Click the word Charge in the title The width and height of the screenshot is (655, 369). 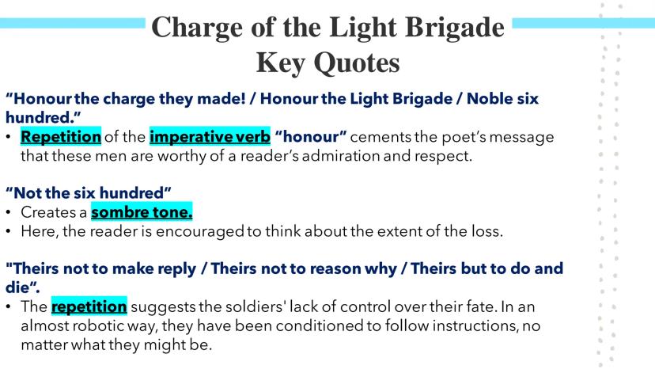pyautogui.click(x=197, y=29)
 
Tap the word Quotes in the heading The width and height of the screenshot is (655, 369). pyautogui.click(x=357, y=63)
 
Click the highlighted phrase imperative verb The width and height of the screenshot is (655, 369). pyautogui.click(x=210, y=136)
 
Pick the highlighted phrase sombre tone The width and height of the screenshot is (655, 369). pyautogui.click(x=142, y=212)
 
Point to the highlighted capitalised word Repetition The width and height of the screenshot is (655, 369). pyautogui.click(x=61, y=136)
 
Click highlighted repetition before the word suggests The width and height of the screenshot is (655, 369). pyautogui.click(x=89, y=306)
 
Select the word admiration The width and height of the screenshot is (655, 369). pyautogui.click(x=340, y=156)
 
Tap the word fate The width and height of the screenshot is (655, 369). pyautogui.click(x=481, y=306)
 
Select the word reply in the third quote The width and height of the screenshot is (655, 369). pyautogui.click(x=178, y=269)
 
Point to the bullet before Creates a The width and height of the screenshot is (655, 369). pyautogui.click(x=9, y=212)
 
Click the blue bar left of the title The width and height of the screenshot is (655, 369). pyautogui.click(x=72, y=23)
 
